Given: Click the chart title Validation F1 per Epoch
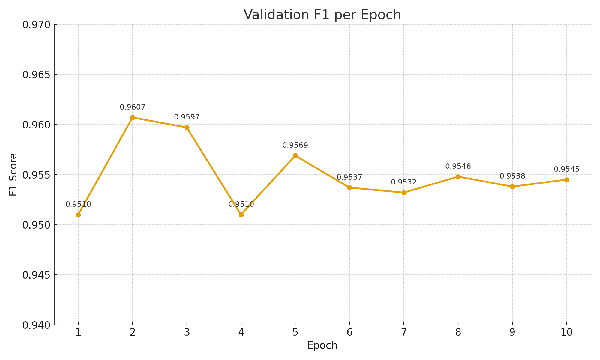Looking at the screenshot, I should (x=322, y=15).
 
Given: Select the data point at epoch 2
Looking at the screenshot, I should (x=133, y=117).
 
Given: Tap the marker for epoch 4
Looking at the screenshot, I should (x=241, y=215).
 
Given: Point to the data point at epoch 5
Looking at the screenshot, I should (x=295, y=155).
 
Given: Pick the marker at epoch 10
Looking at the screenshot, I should (x=567, y=180).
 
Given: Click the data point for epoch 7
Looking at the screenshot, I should (x=404, y=193).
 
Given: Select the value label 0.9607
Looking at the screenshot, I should (x=133, y=107).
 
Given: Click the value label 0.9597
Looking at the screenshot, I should (x=187, y=117).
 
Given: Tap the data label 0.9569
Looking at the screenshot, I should (x=295, y=145).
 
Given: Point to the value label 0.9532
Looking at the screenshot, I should (x=404, y=182).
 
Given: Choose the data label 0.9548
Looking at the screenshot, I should (x=458, y=166).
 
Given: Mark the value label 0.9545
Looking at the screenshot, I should (x=567, y=169).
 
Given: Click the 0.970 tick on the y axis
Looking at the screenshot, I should (x=36, y=25).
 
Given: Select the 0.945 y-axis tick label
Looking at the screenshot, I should (x=36, y=275).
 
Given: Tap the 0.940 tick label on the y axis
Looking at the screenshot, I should (x=36, y=325).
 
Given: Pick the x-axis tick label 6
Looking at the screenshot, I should (x=349, y=333).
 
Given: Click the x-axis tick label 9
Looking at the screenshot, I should (x=512, y=333).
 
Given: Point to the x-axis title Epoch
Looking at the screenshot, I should (x=322, y=346).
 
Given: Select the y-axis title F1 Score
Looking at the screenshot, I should (x=13, y=175).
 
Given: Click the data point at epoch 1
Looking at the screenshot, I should (x=78, y=215).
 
